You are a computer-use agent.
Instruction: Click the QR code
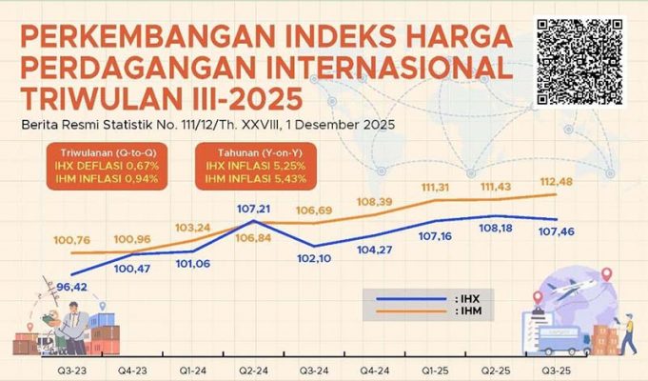point(580,61)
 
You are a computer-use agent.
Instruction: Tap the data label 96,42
point(73,285)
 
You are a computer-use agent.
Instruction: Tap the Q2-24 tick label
point(251,366)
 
